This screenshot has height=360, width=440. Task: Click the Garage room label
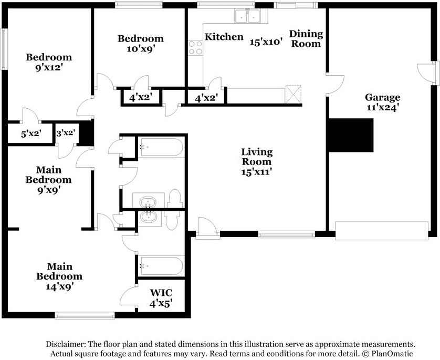[x=382, y=97]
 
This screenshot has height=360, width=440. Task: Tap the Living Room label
[x=257, y=157]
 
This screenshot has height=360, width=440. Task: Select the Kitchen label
[x=224, y=37]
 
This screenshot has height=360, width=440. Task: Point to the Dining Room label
[x=306, y=39]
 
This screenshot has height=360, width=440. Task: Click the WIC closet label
[x=161, y=293]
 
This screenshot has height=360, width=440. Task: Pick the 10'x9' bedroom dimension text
[x=141, y=49]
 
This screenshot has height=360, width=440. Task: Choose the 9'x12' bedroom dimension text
[x=48, y=68]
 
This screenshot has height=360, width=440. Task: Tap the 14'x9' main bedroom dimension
[x=60, y=286]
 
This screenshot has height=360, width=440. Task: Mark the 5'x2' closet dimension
[x=31, y=133]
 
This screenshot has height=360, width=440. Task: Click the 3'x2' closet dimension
[x=66, y=133]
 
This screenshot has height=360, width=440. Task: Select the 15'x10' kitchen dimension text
[x=266, y=42]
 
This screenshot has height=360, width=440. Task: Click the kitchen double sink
[x=247, y=16]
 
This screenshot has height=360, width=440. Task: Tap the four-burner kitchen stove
[x=195, y=47]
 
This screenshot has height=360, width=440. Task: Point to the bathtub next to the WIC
[x=161, y=266]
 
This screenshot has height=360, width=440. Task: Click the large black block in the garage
[x=351, y=135]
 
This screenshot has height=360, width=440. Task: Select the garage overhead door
[x=382, y=231]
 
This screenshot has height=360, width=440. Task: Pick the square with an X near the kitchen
[x=293, y=95]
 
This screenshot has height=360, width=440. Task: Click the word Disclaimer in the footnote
[x=66, y=344]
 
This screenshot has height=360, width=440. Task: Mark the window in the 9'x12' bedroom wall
[x=4, y=49]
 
